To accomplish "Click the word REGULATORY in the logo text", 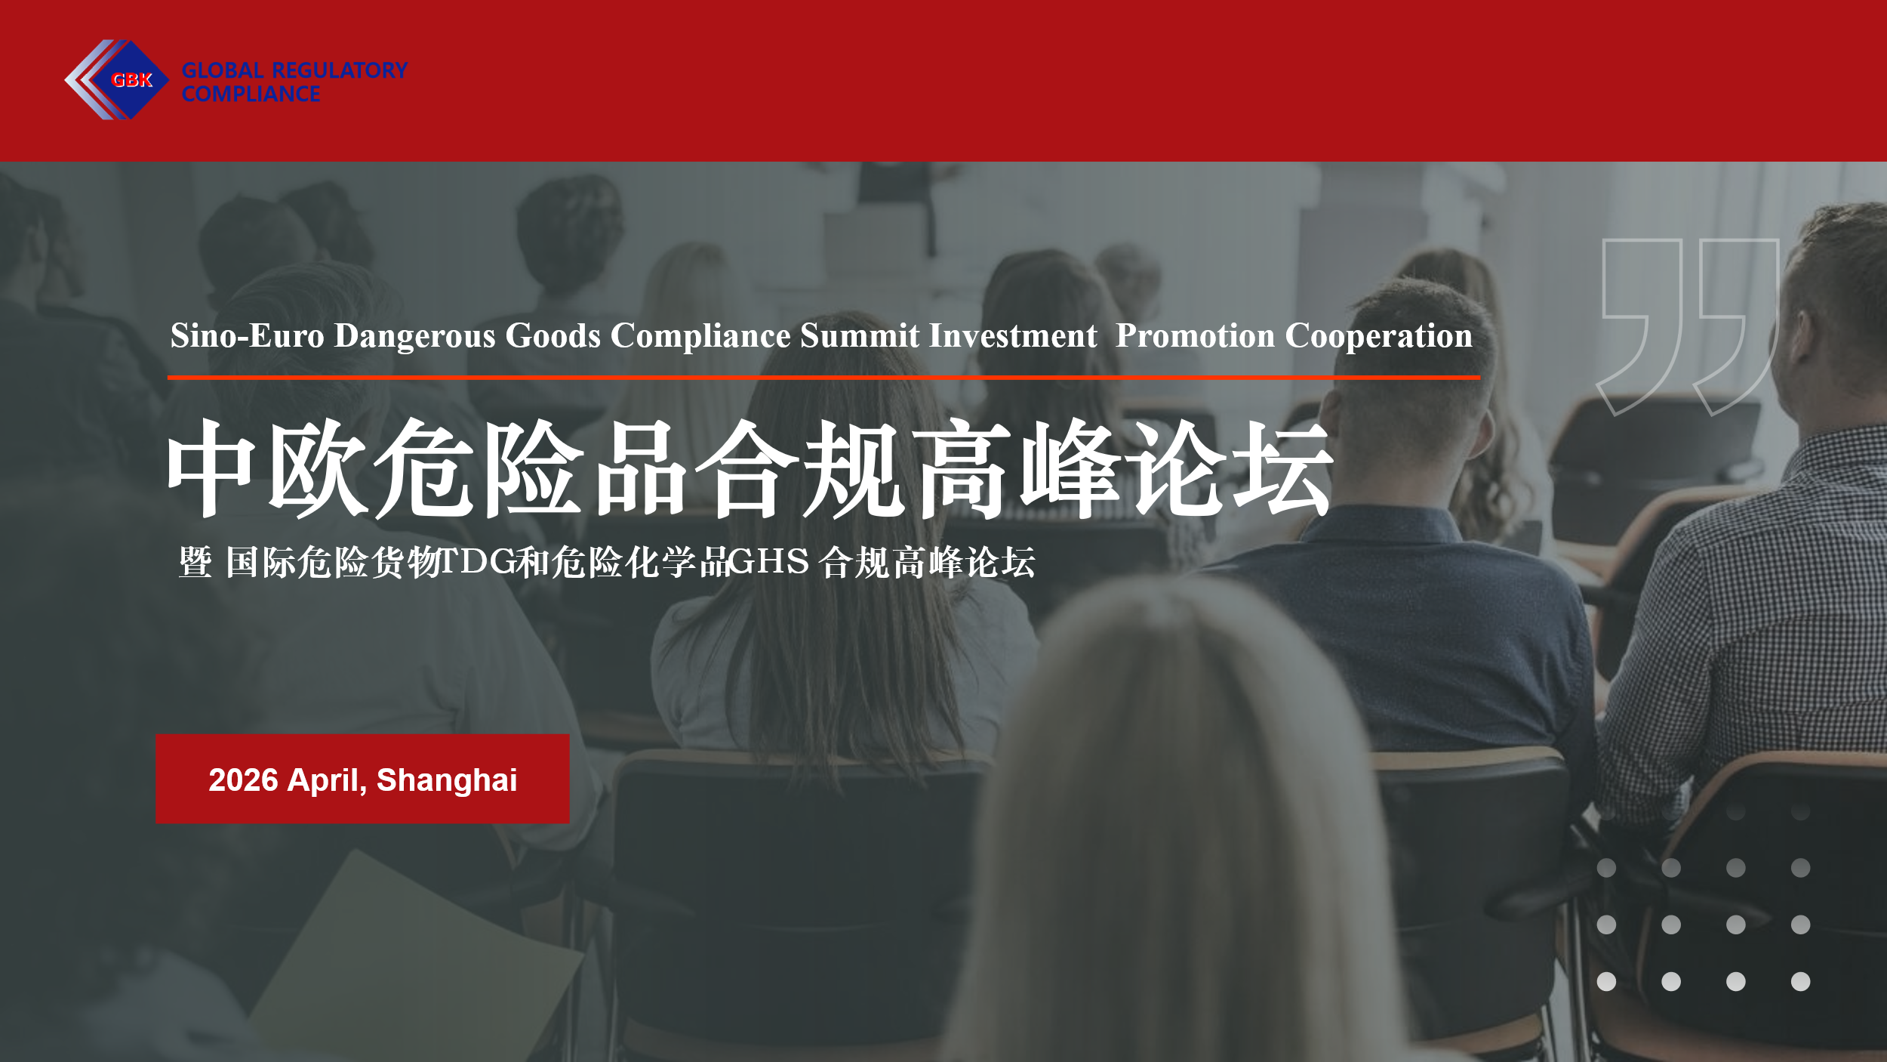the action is point(340,70).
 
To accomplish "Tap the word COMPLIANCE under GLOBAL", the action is point(251,94).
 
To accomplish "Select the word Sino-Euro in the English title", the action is point(248,335).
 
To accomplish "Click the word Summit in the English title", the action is point(860,335).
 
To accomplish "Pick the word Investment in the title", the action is point(1013,335).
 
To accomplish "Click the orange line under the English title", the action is point(823,377).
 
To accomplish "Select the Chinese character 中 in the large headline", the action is point(211,468).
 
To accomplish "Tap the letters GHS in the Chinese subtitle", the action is point(769,561).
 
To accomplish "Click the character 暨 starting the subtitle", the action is point(195,563).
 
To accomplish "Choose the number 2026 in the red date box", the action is point(244,780).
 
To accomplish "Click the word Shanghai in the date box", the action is point(447,781).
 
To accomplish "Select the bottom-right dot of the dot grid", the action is point(1800,981).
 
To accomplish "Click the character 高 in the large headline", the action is point(961,468).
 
